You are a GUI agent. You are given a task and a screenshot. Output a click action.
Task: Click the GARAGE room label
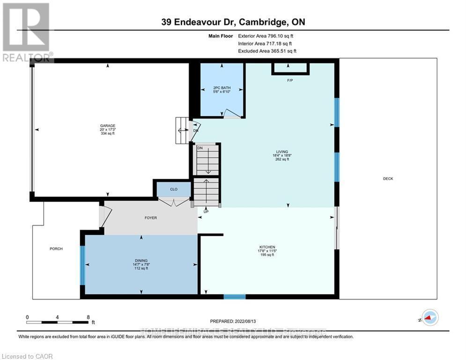pos(107,126)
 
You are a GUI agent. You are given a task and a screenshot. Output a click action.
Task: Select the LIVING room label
pos(282,151)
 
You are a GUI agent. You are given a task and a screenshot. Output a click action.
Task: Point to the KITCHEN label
pos(267,247)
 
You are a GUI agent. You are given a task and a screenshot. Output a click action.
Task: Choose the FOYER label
pos(150,218)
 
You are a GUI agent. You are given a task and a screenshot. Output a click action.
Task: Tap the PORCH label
pos(56,248)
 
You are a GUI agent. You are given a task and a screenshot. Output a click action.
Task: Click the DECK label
pos(388,179)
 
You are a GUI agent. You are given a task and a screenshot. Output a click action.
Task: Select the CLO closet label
pos(173,190)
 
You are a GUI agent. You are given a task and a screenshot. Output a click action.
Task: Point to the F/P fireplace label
pos(290,80)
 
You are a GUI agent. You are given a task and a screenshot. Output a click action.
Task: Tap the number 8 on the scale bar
pos(88,317)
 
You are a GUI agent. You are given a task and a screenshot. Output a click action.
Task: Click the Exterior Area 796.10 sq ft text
pos(266,35)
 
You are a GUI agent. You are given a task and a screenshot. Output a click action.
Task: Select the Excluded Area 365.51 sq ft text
pos(267,51)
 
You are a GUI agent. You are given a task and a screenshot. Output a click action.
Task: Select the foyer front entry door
pos(105,215)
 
